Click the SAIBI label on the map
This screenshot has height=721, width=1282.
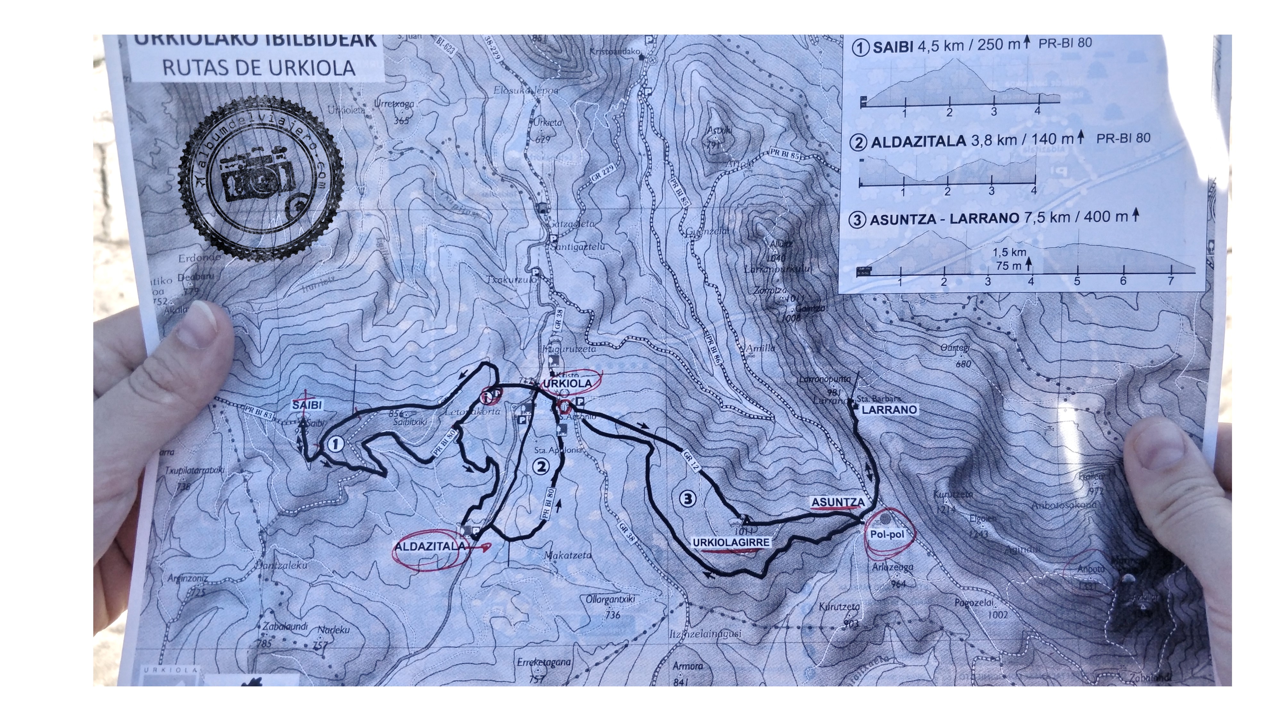307,405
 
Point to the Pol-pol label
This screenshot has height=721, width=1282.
887,535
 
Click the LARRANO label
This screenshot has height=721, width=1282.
889,410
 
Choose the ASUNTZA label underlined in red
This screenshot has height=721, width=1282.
837,502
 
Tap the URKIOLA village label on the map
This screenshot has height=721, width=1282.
567,383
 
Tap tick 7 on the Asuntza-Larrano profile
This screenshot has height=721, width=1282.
1170,281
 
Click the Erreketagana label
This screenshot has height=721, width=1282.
544,662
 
